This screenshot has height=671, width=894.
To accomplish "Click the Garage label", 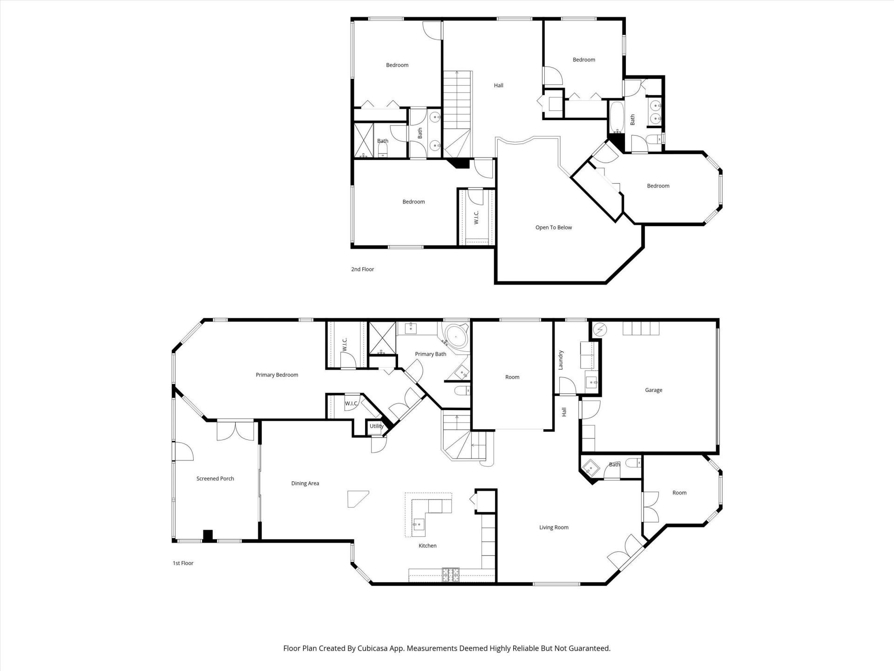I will pos(653,390).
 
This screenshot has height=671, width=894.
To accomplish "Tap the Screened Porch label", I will pos(215,479).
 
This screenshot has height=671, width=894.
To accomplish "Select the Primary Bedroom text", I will pos(277,375).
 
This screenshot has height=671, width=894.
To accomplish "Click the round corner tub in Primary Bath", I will pos(456,335).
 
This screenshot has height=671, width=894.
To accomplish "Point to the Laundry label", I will pos(561,360).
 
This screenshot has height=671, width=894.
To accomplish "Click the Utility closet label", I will pos(376,426).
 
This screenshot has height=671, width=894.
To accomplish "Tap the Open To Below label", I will pos(553,227).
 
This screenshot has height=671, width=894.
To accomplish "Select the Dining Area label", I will pos(305,483).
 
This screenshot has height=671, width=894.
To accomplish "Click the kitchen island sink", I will pos(419,524).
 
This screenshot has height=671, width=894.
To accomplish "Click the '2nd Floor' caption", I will pos(362,269).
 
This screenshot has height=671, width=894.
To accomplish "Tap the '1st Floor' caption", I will pos(183,563).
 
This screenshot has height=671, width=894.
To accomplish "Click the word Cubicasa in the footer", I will pos(371,648).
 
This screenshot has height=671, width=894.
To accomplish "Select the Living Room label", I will pos(554,527).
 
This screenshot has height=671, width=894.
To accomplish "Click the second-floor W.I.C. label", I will pos(476,218).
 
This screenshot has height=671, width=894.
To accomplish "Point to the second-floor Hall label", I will pos(498,85).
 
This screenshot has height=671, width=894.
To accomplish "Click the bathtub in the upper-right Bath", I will pos(617,116).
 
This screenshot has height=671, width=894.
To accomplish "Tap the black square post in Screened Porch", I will pos(208,535).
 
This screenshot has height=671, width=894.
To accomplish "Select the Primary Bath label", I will pos(430,354).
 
